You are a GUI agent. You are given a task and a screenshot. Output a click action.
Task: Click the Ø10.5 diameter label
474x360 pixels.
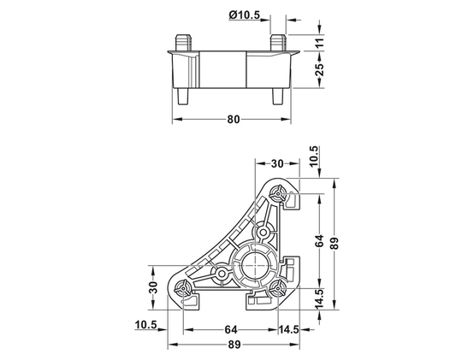(244, 15)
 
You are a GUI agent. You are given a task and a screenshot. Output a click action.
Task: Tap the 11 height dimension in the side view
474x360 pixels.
(321, 42)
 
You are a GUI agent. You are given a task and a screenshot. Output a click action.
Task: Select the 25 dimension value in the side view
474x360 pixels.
(321, 69)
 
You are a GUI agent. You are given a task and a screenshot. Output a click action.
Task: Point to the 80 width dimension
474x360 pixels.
(233, 120)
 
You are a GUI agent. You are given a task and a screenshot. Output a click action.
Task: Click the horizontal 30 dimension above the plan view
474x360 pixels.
(277, 163)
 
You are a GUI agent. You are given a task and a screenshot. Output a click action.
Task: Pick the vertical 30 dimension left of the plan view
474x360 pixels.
(153, 287)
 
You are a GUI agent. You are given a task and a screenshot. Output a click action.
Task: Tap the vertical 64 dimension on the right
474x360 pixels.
(319, 240)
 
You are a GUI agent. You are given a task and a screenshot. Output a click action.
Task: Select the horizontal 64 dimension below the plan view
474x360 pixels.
(231, 330)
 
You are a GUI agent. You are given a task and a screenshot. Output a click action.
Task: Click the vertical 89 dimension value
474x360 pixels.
(335, 243)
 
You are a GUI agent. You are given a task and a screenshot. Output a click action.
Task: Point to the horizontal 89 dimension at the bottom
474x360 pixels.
(234, 345)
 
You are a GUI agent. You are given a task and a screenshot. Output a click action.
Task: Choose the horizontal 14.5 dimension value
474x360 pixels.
(289, 330)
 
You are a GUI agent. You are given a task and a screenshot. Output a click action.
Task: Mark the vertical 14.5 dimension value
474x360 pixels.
(319, 298)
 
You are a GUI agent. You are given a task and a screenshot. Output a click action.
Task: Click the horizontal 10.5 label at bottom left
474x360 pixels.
(146, 325)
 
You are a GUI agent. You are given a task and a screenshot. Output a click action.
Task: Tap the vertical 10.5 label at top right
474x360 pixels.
(314, 156)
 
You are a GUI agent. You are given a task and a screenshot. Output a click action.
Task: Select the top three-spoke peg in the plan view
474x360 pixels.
(277, 192)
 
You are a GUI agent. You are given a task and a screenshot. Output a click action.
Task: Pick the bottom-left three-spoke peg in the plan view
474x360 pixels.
(183, 287)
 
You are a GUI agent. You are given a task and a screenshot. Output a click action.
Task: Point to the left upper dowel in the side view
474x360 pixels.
(183, 43)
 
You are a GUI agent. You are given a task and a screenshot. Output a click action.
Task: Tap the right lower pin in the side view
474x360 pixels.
(278, 97)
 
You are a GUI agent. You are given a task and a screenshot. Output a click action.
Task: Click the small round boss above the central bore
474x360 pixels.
(264, 233)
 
